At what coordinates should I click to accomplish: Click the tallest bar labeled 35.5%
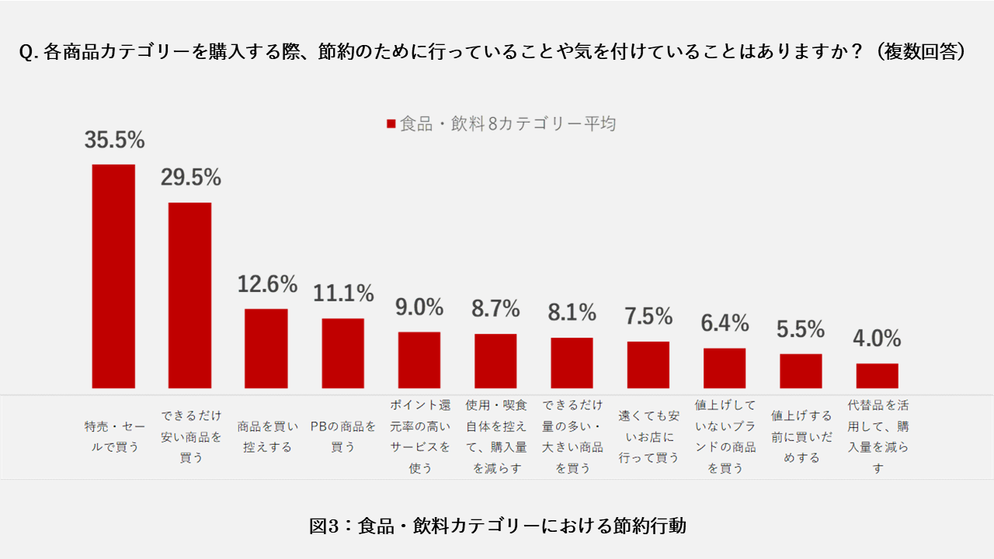[x=113, y=276]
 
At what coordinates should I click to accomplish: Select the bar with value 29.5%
[x=189, y=295]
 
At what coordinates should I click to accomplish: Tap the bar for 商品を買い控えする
[x=266, y=348]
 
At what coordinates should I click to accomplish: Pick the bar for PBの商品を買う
[x=342, y=352]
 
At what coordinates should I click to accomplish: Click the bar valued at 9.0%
[x=419, y=359]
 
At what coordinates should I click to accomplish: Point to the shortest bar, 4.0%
[x=877, y=376]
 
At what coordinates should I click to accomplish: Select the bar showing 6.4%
[x=725, y=368]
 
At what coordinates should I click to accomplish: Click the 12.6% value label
[x=267, y=284]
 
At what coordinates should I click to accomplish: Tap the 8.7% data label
[x=495, y=309]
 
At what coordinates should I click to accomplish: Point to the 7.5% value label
[x=648, y=316]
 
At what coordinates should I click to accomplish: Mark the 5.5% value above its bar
[x=801, y=329]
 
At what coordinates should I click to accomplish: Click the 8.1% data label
[x=572, y=312]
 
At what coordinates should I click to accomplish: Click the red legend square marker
[x=391, y=124]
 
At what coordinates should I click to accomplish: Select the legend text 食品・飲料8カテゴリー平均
[x=507, y=124]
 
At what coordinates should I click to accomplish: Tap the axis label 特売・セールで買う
[x=113, y=436]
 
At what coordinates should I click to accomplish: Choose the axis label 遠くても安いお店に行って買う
[x=648, y=436]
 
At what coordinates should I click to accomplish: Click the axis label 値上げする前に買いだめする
[x=801, y=436]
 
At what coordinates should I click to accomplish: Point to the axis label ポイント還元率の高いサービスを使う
[x=419, y=436]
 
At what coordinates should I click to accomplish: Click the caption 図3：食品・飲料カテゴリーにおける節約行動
[x=497, y=526]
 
